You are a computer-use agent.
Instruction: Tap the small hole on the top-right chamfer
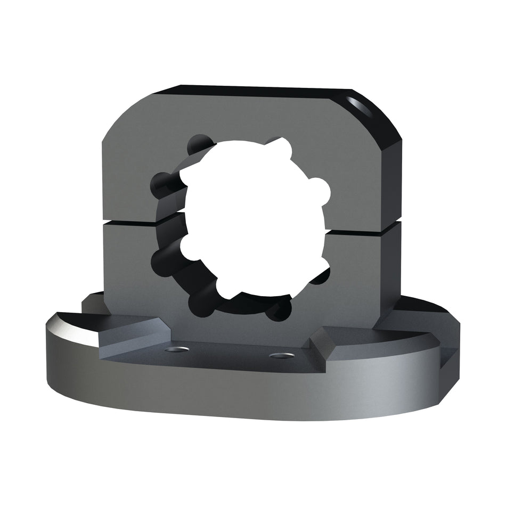pyautogui.click(x=356, y=102)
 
